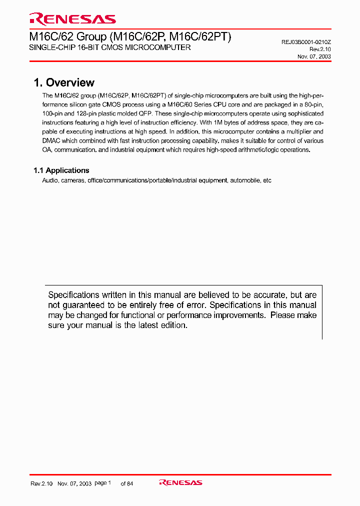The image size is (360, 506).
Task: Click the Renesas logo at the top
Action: point(72,19)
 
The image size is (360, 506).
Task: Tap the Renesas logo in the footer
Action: point(180,482)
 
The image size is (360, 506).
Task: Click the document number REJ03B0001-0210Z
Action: point(306,42)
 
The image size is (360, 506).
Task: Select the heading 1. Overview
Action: point(63,83)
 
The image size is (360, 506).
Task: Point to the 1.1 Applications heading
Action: point(61,170)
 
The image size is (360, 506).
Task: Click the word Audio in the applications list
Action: point(50,180)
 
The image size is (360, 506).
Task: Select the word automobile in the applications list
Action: point(245,180)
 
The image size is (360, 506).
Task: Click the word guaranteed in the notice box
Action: point(85,305)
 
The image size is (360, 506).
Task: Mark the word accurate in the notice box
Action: point(259,295)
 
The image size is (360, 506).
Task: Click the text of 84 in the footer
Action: point(127,483)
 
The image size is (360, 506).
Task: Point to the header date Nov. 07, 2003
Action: point(314,56)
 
